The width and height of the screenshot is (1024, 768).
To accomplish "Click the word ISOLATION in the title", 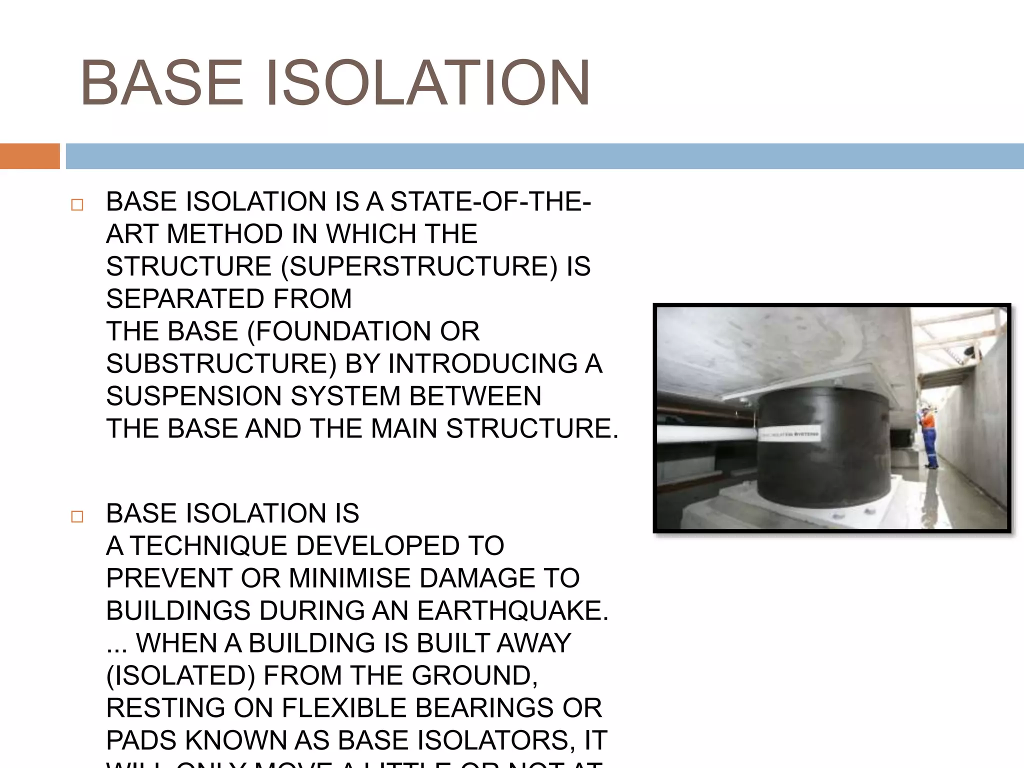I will tap(427, 83).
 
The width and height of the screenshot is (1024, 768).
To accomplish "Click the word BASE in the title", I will tap(161, 83).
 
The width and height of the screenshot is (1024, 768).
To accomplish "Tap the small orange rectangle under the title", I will tap(29, 156).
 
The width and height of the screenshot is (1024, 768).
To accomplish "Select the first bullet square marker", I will tap(77, 205).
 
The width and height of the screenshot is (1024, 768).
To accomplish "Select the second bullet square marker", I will tap(77, 516).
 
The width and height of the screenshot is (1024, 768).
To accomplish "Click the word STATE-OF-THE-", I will tap(490, 202).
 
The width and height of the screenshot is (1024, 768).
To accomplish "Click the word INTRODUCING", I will tap(483, 363).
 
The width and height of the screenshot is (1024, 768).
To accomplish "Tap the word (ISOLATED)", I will tap(180, 676).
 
